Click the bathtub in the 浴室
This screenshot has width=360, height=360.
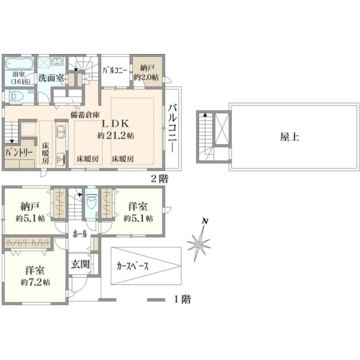pyautogui.click(x=20, y=63)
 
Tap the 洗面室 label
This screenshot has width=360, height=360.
pyautogui.click(x=51, y=78)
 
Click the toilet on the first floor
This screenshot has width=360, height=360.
pyautogui.click(x=92, y=202)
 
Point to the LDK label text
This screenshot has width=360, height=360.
pyautogui.click(x=115, y=124)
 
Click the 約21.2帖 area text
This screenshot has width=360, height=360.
pyautogui.click(x=116, y=136)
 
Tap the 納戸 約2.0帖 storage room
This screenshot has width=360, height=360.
pyautogui.click(x=146, y=71)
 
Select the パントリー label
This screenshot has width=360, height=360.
pyautogui.click(x=19, y=152)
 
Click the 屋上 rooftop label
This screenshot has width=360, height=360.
pyautogui.click(x=290, y=137)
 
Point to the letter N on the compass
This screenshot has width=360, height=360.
pyautogui.click(x=205, y=221)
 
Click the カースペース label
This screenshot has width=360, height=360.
pyautogui.click(x=133, y=266)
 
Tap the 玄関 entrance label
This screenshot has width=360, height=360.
pyautogui.click(x=80, y=264)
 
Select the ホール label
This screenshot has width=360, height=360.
pyautogui.click(x=80, y=234)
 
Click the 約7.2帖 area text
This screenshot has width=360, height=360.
pyautogui.click(x=35, y=282)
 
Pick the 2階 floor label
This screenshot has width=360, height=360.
pyautogui.click(x=160, y=178)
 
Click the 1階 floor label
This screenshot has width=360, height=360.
pyautogui.click(x=182, y=299)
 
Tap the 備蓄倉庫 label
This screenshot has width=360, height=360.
pyautogui.click(x=85, y=115)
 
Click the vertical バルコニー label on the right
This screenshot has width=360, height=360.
pyautogui.click(x=173, y=128)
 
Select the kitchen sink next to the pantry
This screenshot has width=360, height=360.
pyautogui.click(x=61, y=131)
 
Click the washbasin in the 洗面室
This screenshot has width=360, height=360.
pyautogui.click(x=56, y=61)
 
